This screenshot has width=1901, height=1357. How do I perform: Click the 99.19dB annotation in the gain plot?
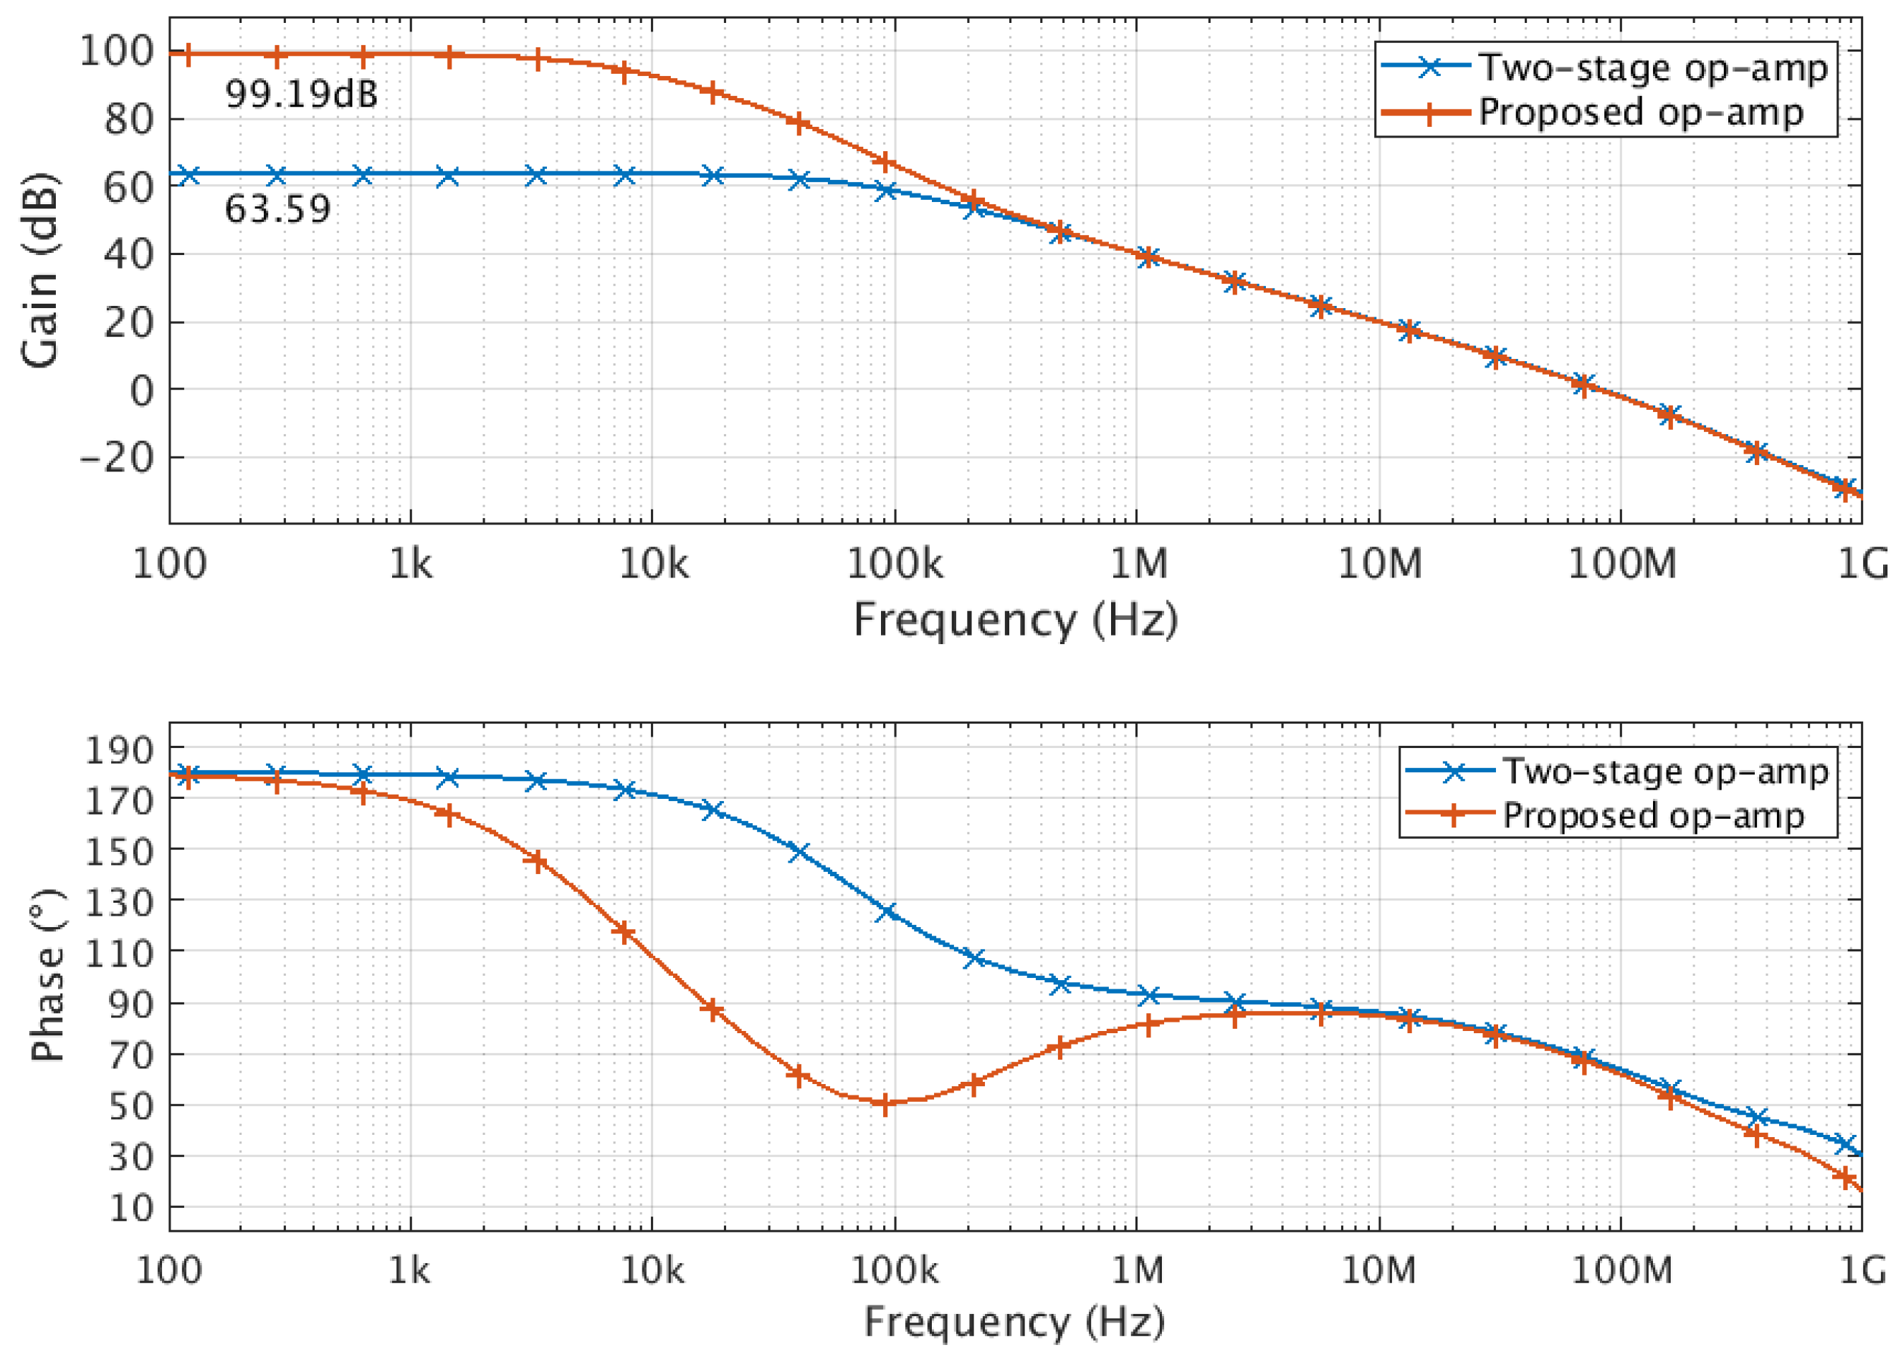click(301, 94)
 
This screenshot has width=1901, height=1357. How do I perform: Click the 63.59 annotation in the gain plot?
click(277, 209)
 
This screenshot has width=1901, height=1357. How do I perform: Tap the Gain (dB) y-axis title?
click(40, 270)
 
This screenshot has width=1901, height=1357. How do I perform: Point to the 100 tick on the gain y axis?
click(116, 52)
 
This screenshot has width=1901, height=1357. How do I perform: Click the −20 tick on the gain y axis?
click(116, 457)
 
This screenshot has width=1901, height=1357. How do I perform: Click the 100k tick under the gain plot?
click(894, 565)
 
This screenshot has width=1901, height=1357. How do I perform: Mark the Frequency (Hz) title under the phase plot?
click(1015, 1322)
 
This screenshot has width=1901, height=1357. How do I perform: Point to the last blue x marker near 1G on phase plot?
click(1846, 1144)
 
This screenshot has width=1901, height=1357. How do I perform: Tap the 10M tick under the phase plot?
click(1378, 1270)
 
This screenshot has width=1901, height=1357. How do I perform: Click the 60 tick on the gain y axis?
click(129, 186)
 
